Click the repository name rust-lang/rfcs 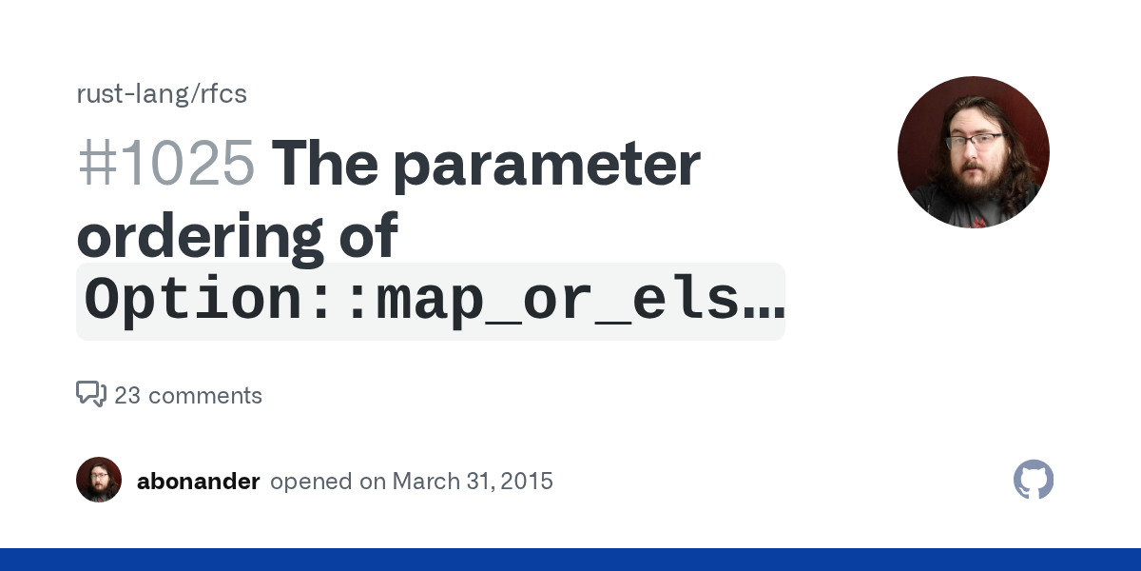[x=162, y=94]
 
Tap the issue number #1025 [x=166, y=163]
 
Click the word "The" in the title [x=325, y=163]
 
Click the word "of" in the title [x=369, y=235]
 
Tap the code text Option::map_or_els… [x=435, y=301]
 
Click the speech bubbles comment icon [x=91, y=394]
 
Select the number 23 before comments [x=127, y=396]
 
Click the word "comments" [x=205, y=396]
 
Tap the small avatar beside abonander [x=99, y=480]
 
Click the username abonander [x=198, y=482]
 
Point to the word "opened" [x=311, y=482]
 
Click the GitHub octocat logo [x=1034, y=480]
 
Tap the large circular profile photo [x=974, y=152]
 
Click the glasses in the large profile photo [x=976, y=141]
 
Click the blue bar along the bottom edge [x=570, y=560]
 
